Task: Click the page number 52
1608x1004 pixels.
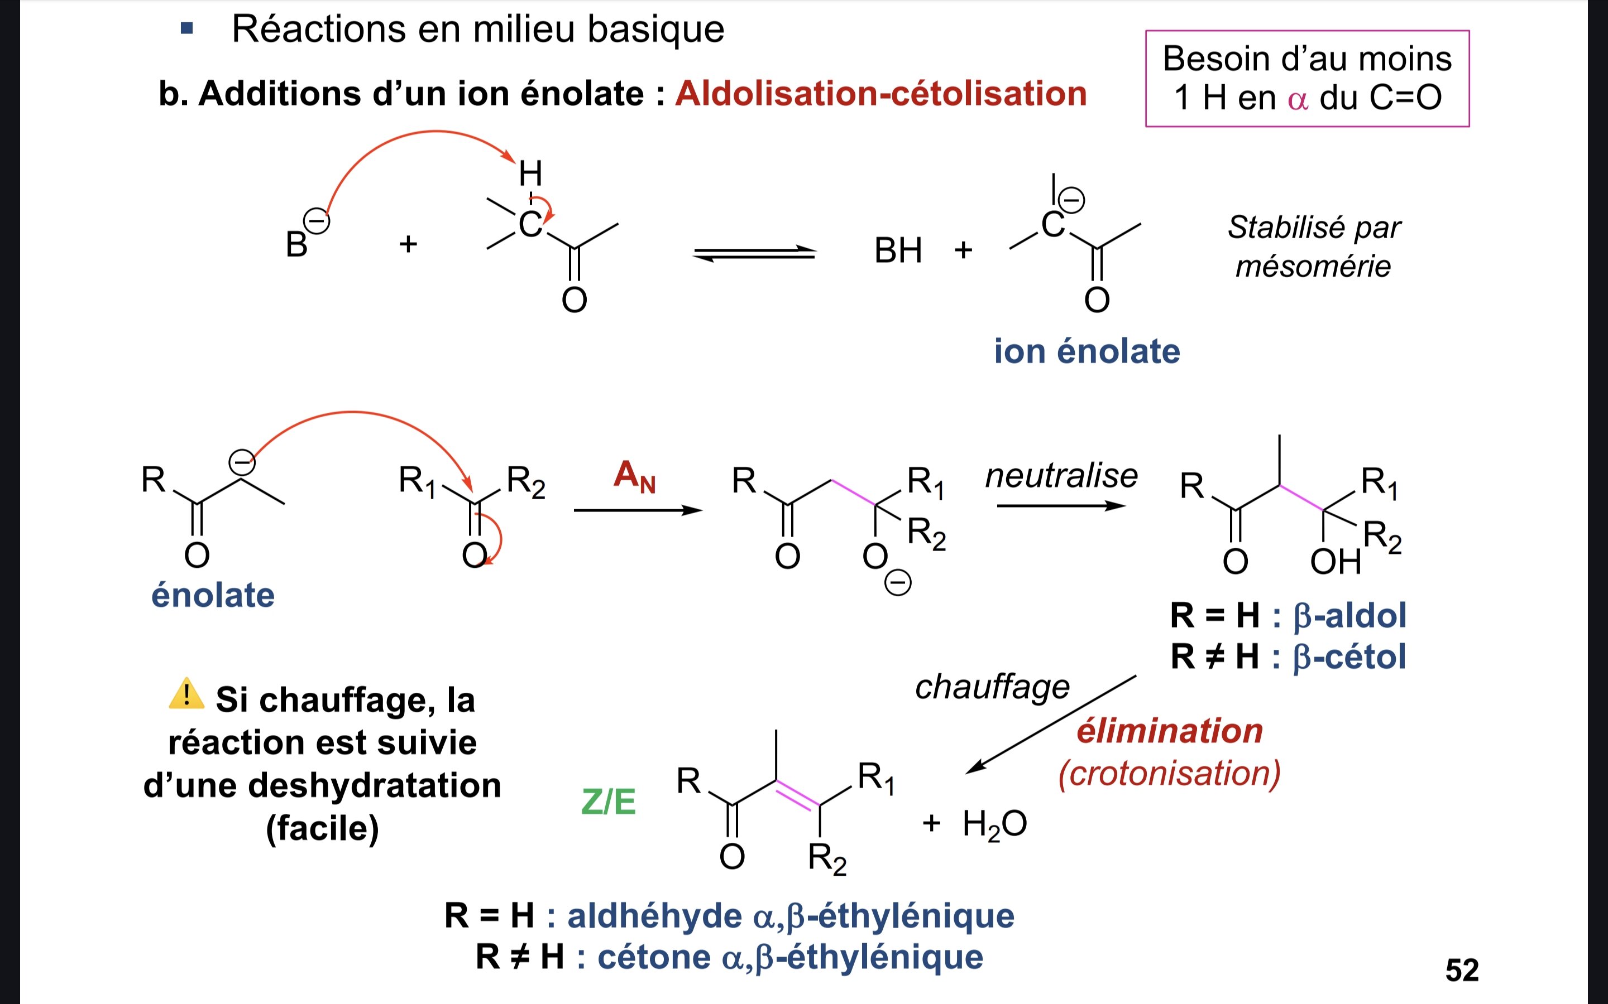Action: pos(1461,970)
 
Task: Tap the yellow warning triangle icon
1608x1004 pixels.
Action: pos(186,694)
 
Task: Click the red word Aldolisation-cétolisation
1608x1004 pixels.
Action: pos(880,93)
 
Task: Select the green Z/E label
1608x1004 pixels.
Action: pos(608,802)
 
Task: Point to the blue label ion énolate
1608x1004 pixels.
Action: pos(1087,351)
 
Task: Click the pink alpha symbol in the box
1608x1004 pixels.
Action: pos(1297,99)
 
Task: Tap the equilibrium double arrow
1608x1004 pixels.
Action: pos(754,253)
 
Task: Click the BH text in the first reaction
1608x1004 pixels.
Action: pos(898,251)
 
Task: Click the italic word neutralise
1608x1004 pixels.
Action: pos(1061,475)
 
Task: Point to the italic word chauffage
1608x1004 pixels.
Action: pos(992,687)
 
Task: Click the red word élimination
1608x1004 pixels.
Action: pos(1170,731)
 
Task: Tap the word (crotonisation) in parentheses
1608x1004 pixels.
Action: pos(1170,774)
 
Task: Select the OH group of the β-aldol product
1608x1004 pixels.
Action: pos(1335,562)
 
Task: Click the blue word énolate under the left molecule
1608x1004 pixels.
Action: pos(213,595)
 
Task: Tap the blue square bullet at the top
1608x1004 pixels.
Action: pos(186,28)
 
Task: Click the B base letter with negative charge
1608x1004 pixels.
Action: pos(296,244)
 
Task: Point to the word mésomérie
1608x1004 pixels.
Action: pos(1313,266)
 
